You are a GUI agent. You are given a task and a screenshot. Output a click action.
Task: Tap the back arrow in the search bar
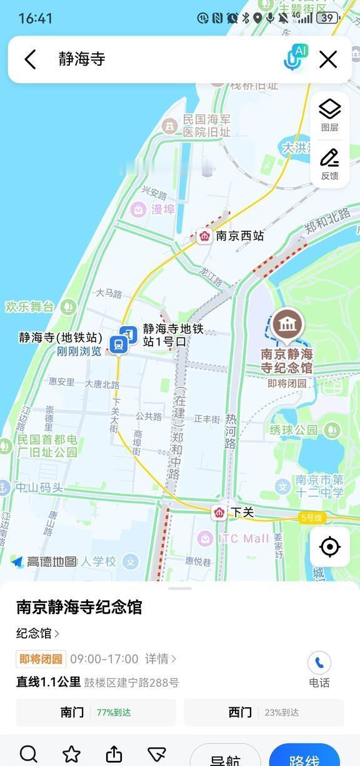[x=30, y=59]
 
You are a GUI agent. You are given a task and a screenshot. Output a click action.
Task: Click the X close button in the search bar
[x=328, y=59]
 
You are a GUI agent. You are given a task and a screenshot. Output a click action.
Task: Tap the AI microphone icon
[x=294, y=59]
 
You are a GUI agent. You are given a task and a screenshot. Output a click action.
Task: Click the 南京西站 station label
[x=239, y=236]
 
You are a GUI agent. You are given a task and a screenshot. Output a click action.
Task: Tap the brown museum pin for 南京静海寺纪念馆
[x=287, y=325]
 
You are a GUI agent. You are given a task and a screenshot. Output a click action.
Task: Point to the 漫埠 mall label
[x=162, y=209]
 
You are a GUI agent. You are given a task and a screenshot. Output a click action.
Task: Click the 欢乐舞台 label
[x=30, y=307]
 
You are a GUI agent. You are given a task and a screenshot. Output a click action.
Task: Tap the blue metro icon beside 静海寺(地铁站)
[x=117, y=344]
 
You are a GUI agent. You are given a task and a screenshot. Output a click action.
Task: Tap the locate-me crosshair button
[x=329, y=547]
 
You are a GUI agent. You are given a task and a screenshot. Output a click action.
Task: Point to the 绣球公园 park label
[x=294, y=430]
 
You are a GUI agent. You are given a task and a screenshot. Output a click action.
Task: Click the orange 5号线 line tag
[x=311, y=517]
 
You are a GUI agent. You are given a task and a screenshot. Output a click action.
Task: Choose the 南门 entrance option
[x=96, y=712]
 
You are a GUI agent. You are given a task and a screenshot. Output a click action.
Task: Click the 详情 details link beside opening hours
[x=161, y=659]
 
